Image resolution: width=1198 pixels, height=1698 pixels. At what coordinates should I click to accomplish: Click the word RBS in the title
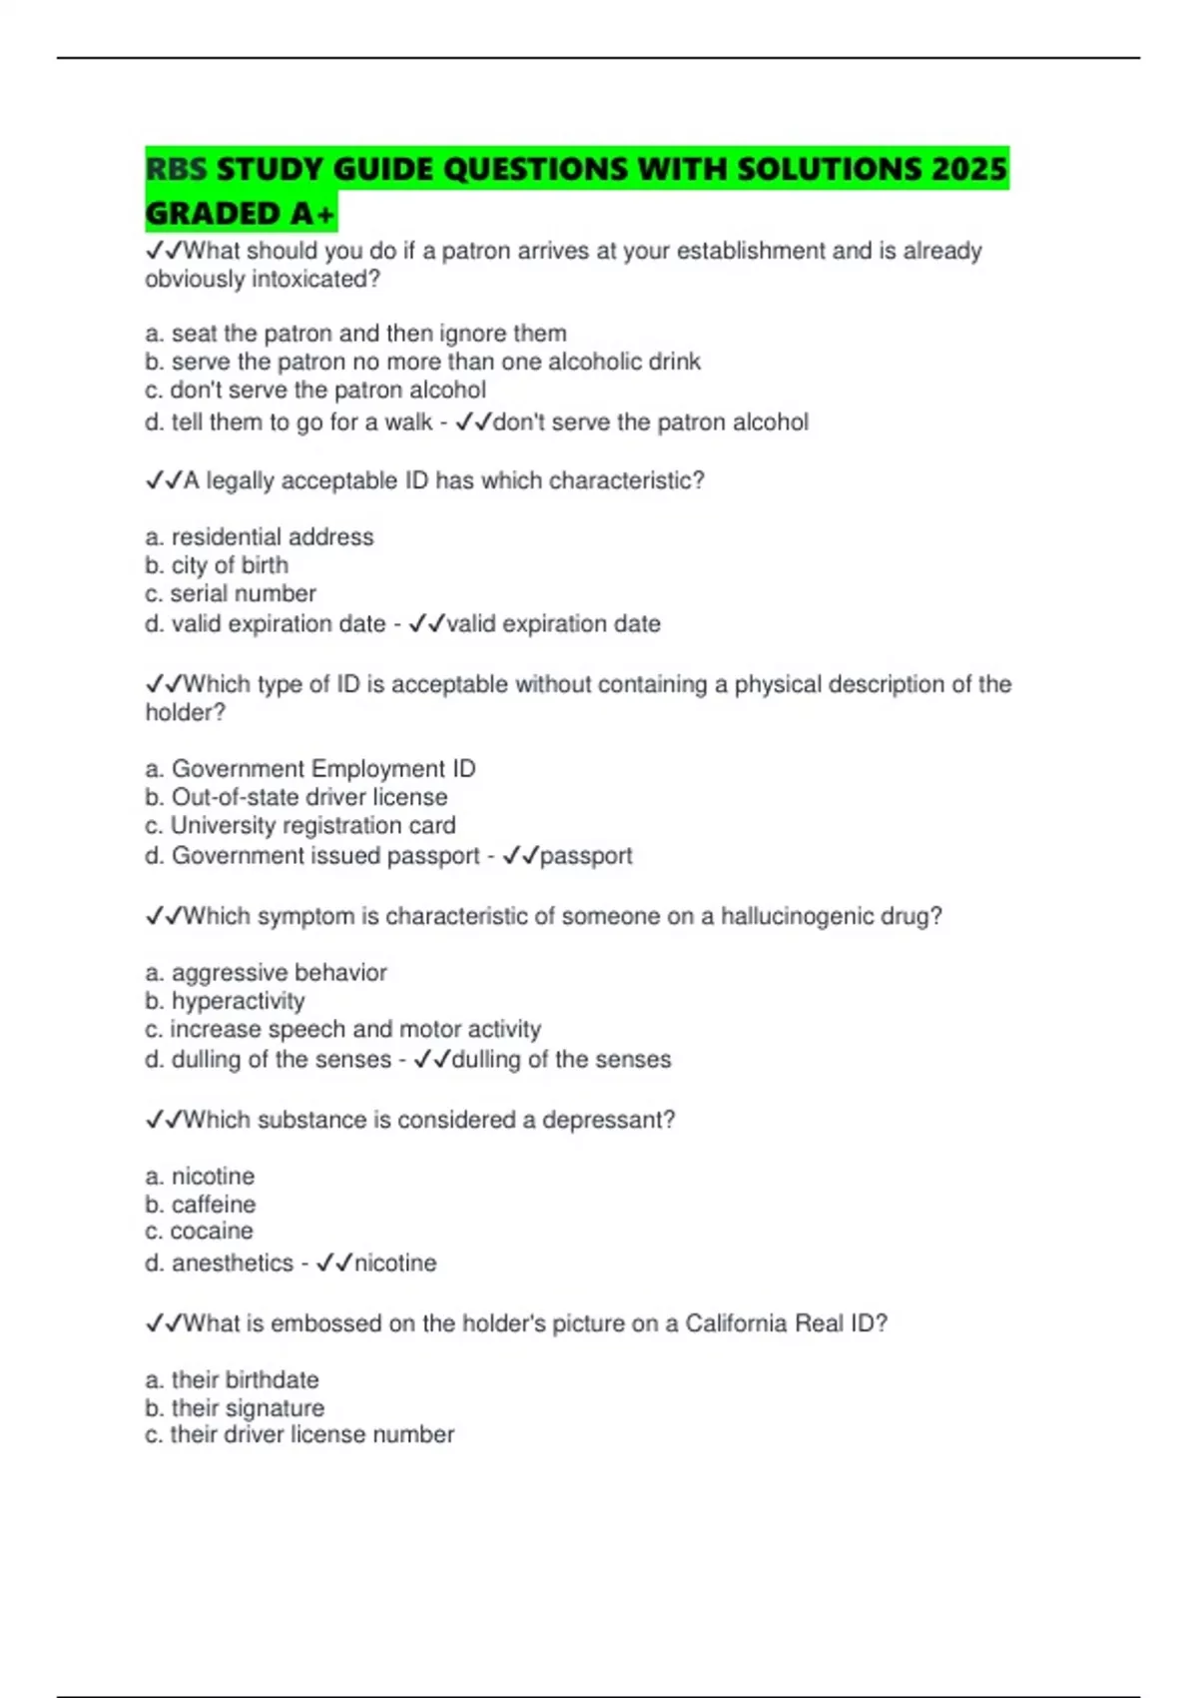[x=176, y=169]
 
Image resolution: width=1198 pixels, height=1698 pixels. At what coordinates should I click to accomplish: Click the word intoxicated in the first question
[x=315, y=279]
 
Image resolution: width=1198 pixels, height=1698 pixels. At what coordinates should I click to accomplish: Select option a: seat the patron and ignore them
[x=355, y=334]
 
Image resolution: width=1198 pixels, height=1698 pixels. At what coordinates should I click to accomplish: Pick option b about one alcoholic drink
[x=422, y=362]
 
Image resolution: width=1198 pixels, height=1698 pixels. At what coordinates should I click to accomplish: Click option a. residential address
[x=260, y=537]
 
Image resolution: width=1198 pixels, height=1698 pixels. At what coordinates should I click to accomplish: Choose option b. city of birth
[x=217, y=565]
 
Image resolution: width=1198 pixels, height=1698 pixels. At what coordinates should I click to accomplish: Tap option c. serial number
[x=231, y=593]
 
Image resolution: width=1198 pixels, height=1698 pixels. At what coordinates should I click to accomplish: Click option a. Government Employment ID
[x=310, y=769]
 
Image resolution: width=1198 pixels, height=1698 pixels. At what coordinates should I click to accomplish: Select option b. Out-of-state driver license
[x=297, y=797]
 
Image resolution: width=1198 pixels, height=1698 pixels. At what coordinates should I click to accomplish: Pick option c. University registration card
[x=300, y=825]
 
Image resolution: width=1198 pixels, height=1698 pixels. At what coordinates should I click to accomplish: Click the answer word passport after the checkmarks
[x=586, y=856]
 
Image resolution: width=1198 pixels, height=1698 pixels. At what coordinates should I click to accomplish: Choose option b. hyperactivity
[x=225, y=1001]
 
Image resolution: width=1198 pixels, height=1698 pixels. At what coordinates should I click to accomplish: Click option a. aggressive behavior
[x=266, y=973]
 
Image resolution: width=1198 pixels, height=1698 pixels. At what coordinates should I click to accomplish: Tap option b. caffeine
[x=201, y=1205]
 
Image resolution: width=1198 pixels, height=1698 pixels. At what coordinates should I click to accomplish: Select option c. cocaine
[x=199, y=1232]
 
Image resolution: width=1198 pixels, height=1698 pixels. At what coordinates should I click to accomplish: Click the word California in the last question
[x=736, y=1323]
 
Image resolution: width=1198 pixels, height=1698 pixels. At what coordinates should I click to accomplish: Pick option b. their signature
[x=235, y=1408]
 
